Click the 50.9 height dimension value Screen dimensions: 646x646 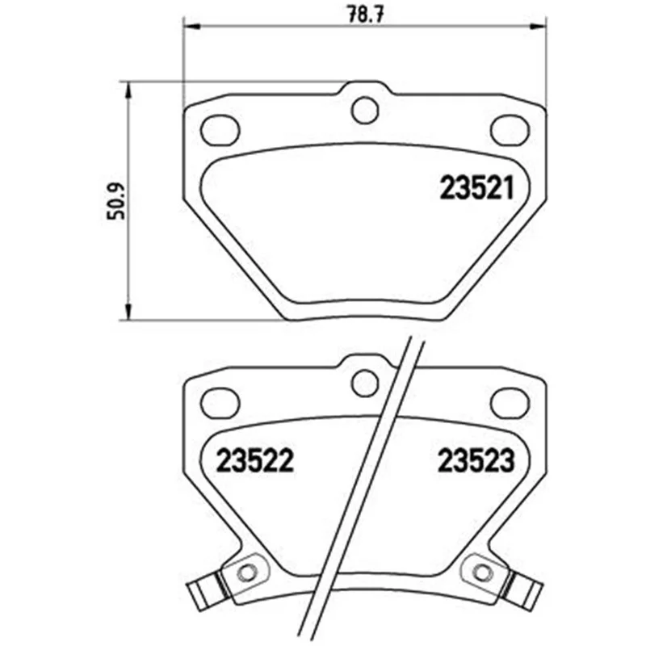(115, 201)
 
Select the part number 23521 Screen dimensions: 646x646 (477, 188)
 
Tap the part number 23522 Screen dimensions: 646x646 (254, 460)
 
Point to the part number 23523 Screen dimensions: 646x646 (476, 460)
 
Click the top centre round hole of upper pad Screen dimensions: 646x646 (365, 110)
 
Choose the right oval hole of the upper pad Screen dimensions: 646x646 (510, 130)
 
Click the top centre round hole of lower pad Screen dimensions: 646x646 (365, 383)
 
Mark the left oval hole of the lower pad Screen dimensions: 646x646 (220, 402)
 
